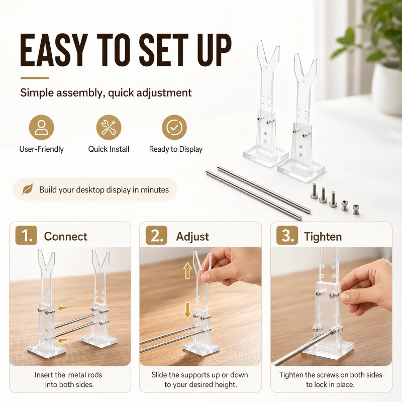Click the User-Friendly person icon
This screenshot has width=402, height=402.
click(x=41, y=128)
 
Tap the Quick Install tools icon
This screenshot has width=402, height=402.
click(x=109, y=128)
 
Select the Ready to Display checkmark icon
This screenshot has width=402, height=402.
click(x=174, y=128)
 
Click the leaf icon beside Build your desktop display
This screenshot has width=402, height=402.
click(x=27, y=189)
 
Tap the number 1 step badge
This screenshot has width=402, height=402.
click(x=26, y=235)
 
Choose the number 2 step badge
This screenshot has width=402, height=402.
click(x=156, y=235)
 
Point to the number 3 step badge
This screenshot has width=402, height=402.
click(x=287, y=235)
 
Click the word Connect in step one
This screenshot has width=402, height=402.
click(x=66, y=236)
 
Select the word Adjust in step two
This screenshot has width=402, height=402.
click(x=192, y=237)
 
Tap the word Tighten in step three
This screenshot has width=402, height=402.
click(x=323, y=237)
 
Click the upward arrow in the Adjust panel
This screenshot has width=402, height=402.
click(x=187, y=271)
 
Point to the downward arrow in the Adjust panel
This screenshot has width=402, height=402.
click(x=187, y=310)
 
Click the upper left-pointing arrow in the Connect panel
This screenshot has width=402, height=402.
click(x=62, y=308)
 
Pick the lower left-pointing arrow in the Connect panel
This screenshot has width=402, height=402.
click(x=62, y=340)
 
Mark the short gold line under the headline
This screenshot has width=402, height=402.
click(x=35, y=78)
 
